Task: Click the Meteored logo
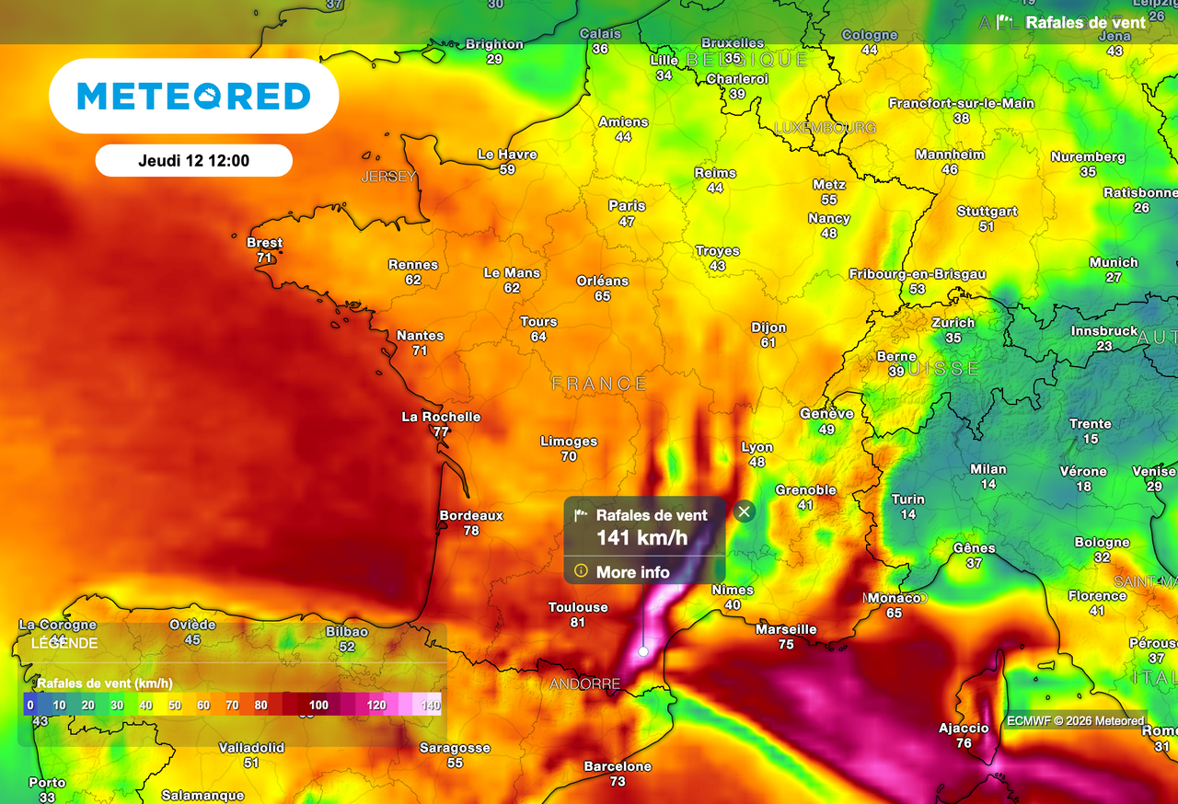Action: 193,96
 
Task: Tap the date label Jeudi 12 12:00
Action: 193,160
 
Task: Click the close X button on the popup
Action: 745,511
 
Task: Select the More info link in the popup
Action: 632,572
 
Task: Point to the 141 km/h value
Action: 641,538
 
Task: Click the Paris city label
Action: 627,206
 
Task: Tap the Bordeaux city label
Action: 471,516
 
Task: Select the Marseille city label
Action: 786,629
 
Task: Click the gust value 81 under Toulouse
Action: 577,623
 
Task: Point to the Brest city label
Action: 265,243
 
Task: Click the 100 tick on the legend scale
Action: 318,706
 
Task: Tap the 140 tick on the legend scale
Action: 431,706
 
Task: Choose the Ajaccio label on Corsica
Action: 964,729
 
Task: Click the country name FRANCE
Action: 599,384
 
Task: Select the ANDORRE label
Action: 585,684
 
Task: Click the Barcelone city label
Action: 618,766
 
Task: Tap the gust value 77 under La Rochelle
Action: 441,432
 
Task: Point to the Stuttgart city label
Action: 987,212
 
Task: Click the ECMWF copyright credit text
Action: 1075,721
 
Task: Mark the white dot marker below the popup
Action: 643,651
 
